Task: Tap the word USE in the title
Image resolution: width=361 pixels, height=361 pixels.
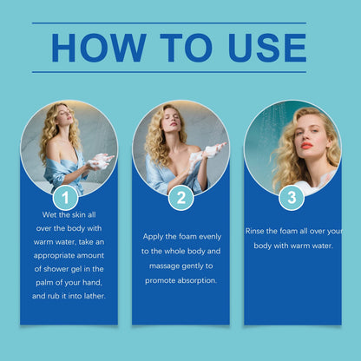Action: [267, 48]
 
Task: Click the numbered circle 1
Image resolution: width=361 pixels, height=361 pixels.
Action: [65, 198]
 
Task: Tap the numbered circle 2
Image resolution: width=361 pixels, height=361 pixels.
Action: [181, 198]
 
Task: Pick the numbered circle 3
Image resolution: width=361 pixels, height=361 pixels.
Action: [292, 198]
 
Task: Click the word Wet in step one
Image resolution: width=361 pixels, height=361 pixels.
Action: [49, 215]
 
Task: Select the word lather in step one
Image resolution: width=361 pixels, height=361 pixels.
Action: [95, 296]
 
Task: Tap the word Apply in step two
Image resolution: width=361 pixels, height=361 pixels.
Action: [153, 237]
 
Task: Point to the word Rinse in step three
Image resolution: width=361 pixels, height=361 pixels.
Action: [254, 231]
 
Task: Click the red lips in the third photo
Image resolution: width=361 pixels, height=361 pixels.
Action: [306, 145]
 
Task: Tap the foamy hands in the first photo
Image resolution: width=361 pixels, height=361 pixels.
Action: [99, 162]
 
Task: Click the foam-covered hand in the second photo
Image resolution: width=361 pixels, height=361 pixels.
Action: [213, 150]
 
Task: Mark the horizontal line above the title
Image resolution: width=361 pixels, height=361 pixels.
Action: [169, 23]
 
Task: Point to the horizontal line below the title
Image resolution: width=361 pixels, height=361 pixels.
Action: [169, 72]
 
